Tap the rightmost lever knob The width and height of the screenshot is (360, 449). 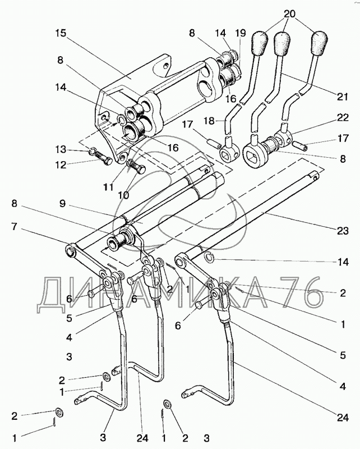click(320, 42)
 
